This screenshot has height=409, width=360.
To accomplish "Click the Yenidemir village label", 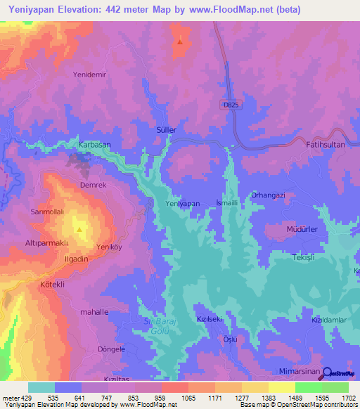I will [89, 74].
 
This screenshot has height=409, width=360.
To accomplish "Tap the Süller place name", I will [165, 130].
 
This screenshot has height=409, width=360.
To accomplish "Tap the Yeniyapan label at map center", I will [183, 203].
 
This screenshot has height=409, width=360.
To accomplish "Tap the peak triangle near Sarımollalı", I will [79, 228].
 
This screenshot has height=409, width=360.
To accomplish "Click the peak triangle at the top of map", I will [180, 40].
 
